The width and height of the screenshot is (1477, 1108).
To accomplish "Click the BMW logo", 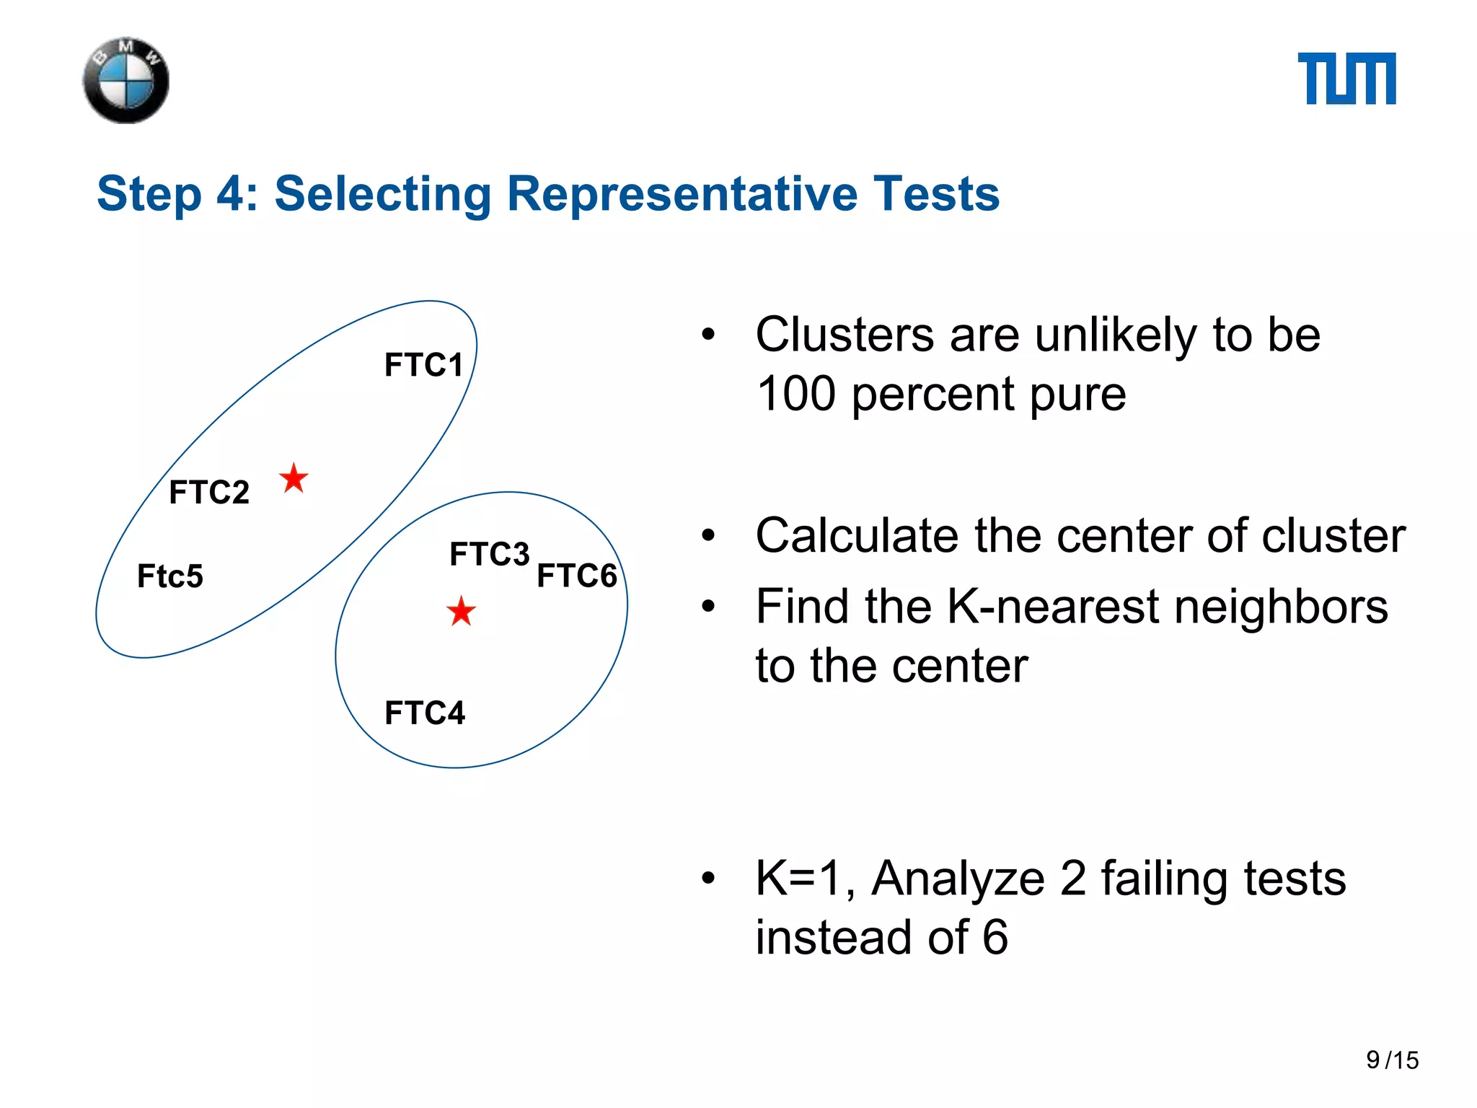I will point(126,81).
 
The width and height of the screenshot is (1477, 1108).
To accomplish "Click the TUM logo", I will point(1346,79).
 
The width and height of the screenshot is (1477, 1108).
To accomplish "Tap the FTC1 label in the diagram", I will point(423,365).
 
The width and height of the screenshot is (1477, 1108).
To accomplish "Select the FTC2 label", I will point(209,493).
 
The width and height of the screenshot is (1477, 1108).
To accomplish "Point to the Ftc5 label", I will point(170,576).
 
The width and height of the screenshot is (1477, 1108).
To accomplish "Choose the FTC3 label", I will point(489,555).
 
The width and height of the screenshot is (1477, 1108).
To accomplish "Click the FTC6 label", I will point(577,576).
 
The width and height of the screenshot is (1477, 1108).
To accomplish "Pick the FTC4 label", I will point(425,713).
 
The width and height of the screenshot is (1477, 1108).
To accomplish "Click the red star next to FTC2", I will point(294,478).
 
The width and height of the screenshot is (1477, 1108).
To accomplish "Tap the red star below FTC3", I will point(461,612).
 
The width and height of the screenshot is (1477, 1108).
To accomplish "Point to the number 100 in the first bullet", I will point(795,395).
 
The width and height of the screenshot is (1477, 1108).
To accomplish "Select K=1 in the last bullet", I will point(804,879).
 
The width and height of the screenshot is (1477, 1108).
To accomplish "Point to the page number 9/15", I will point(1392,1060).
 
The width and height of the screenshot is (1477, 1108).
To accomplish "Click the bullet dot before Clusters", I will point(708,335).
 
